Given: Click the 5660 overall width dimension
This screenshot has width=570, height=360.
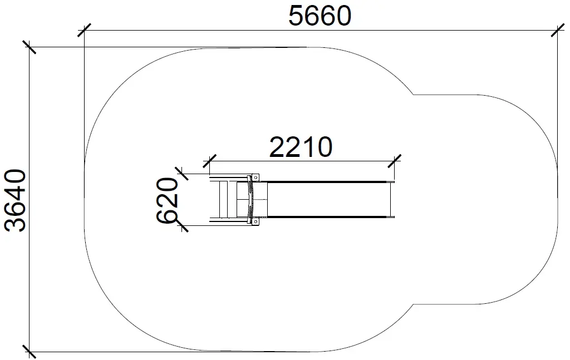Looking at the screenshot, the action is pyautogui.click(x=320, y=16).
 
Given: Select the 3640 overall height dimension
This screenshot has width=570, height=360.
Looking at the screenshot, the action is pyautogui.click(x=15, y=200).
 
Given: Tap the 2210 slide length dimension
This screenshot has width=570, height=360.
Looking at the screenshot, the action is pyautogui.click(x=301, y=147).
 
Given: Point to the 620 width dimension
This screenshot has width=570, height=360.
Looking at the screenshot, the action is pyautogui.click(x=168, y=200).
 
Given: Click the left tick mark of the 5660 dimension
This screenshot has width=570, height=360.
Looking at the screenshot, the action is pyautogui.click(x=85, y=31).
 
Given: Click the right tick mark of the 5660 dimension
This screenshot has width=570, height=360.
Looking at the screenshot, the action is pyautogui.click(x=558, y=31).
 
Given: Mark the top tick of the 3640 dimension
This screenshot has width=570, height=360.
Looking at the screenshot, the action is pyautogui.click(x=30, y=47).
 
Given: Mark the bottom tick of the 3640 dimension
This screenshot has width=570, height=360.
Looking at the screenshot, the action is pyautogui.click(x=30, y=352).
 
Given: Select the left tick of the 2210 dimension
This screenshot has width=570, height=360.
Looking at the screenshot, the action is pyautogui.click(x=210, y=161).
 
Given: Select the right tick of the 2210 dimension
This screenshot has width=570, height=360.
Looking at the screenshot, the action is pyautogui.click(x=395, y=161).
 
